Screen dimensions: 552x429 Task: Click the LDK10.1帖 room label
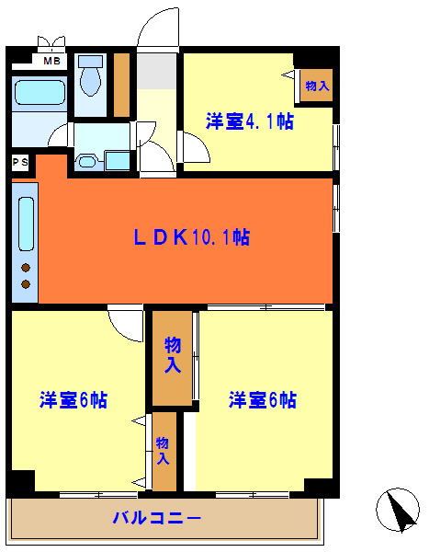click(191, 237)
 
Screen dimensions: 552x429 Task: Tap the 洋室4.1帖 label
click(249, 121)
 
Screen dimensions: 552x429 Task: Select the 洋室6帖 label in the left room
click(73, 400)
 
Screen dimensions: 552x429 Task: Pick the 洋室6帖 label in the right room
click(262, 400)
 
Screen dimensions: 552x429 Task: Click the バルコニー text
click(156, 519)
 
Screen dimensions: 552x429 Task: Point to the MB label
click(51, 61)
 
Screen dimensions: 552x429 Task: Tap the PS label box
click(20, 163)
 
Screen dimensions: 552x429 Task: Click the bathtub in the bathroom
click(40, 94)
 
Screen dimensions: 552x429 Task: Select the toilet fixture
click(90, 76)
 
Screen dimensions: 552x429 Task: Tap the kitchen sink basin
click(26, 222)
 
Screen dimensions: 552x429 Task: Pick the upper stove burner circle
click(26, 267)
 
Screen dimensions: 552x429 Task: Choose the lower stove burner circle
click(26, 283)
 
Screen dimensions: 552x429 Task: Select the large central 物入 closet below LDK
click(172, 357)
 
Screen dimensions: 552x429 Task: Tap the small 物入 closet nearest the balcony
click(164, 451)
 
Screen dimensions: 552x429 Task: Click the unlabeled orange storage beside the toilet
click(121, 85)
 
